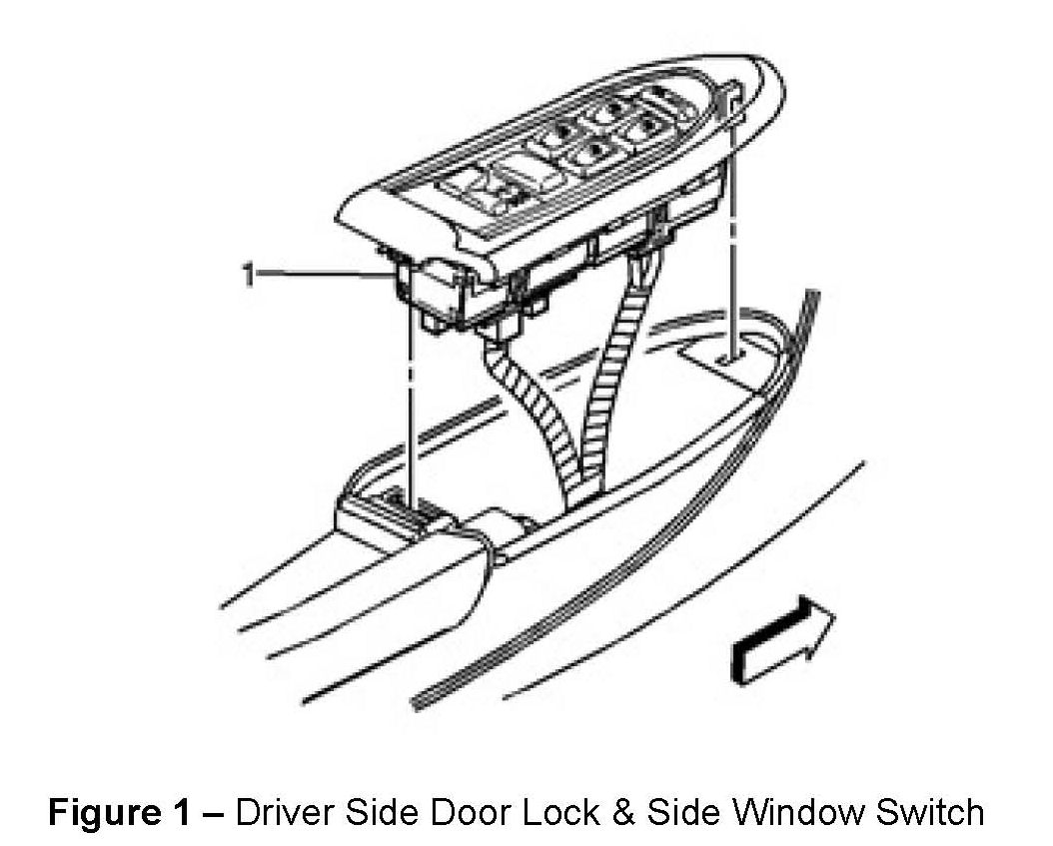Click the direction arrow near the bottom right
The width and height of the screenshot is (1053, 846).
click(785, 639)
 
